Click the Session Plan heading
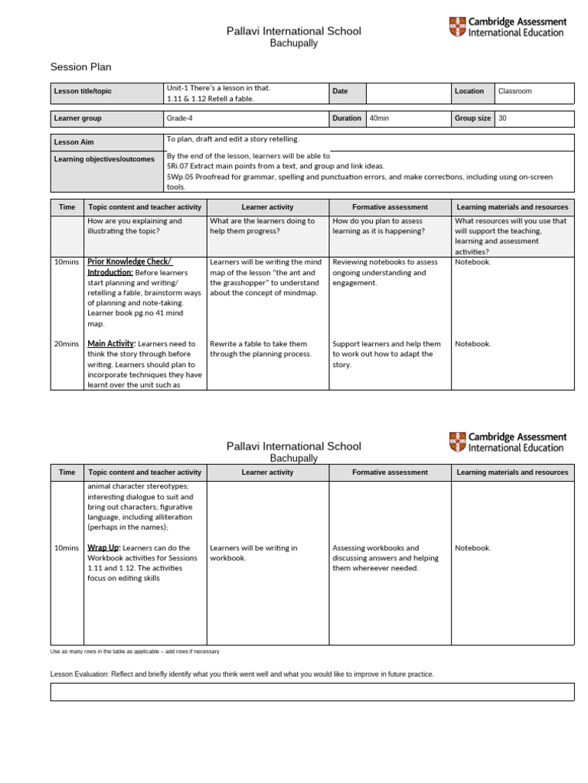click(x=80, y=67)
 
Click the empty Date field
click(x=408, y=92)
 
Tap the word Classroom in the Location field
click(x=514, y=91)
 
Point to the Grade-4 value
click(x=181, y=119)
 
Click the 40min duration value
click(x=379, y=119)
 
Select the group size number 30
click(x=502, y=119)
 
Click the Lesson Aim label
click(x=74, y=142)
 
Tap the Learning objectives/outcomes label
click(x=104, y=159)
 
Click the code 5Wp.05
click(x=181, y=177)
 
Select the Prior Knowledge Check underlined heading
click(x=129, y=262)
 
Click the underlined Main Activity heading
click(x=111, y=344)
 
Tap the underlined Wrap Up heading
click(x=103, y=548)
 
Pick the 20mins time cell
click(x=66, y=344)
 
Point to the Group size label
click(x=472, y=119)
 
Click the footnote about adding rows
click(x=135, y=651)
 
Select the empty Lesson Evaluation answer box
click(x=312, y=692)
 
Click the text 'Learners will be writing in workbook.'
click(x=253, y=553)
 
